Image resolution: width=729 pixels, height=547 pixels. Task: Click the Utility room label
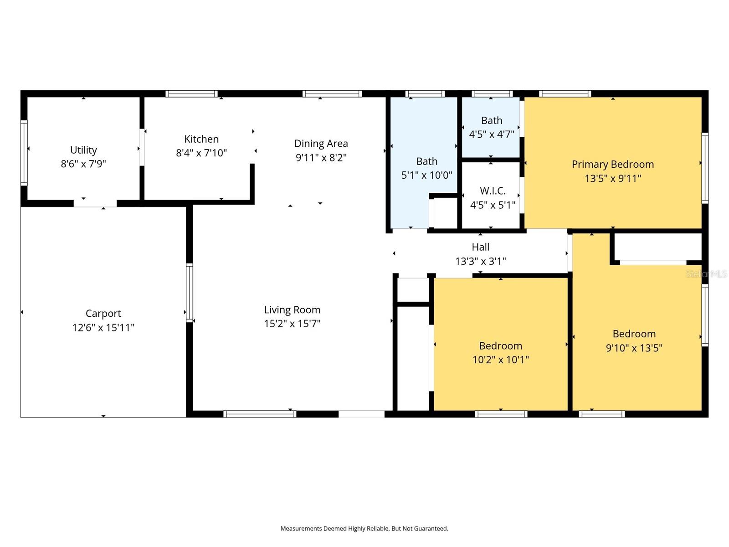point(83,150)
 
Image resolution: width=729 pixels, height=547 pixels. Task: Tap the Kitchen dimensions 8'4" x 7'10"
point(201,153)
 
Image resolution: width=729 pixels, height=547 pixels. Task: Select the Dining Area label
point(321,144)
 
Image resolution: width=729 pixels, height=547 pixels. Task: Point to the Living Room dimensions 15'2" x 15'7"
point(292,324)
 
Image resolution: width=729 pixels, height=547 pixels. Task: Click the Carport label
point(103,314)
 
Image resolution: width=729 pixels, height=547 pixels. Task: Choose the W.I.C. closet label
point(493,191)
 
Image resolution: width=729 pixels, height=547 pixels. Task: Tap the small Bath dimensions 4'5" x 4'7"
point(492,134)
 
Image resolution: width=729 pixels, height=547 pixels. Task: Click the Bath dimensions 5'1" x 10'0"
point(426,175)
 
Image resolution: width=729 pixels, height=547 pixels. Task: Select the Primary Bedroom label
point(612,164)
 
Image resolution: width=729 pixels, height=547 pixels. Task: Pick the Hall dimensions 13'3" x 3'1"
point(480,261)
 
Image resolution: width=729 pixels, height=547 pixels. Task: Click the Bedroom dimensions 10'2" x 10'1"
point(500,360)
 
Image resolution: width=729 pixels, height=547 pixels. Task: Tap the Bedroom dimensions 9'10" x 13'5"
point(634,348)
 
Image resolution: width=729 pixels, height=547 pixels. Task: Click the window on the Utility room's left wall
point(24,152)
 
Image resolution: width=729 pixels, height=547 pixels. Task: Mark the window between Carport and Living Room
point(189,293)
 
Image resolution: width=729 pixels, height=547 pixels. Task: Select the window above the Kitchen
point(191,94)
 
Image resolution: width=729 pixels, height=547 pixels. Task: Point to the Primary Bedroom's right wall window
point(705,168)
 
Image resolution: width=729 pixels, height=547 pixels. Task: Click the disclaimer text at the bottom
point(364,529)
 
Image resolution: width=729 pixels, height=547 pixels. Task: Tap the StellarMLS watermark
point(706,274)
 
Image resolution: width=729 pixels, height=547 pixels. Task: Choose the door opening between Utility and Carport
point(95,203)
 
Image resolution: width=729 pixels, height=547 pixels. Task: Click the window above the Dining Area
point(332,94)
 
